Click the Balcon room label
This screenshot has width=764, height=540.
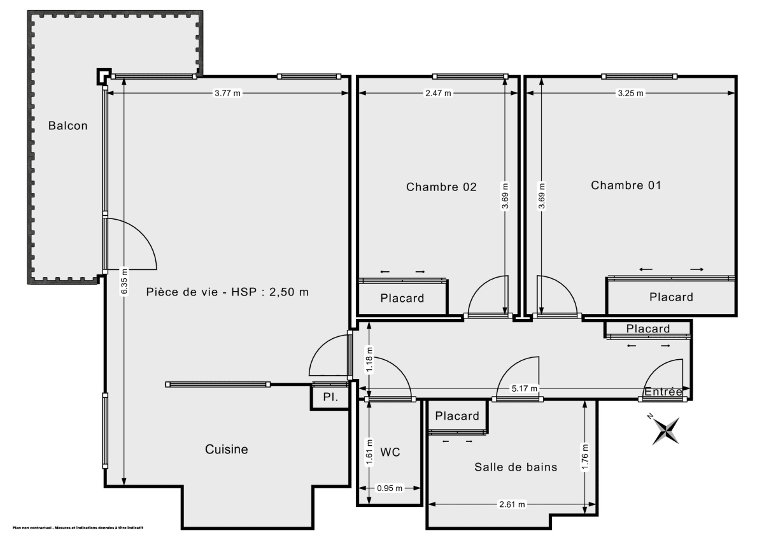pos(67,126)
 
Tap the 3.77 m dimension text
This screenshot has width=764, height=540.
pos(228,93)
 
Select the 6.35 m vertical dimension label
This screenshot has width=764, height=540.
pos(124,281)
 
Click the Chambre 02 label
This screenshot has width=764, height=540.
pos(441,187)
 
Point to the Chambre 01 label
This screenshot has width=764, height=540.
pos(626,185)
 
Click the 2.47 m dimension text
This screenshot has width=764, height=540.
pos(437,93)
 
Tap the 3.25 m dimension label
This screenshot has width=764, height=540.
pos(630,93)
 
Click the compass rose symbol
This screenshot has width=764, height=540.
pos(666,430)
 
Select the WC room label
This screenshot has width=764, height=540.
pos(390,452)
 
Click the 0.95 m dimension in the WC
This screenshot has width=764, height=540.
pos(389,488)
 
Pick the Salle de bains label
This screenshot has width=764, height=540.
pos(516,467)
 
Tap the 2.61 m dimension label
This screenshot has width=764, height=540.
pos(512,505)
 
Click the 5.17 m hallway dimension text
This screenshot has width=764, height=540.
pos(525,388)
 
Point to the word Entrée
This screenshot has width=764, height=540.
pos(663,392)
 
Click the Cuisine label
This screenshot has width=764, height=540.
pos(227,450)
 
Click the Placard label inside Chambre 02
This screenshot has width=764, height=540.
pos(402,298)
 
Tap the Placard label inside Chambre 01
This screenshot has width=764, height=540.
pos(670,297)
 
